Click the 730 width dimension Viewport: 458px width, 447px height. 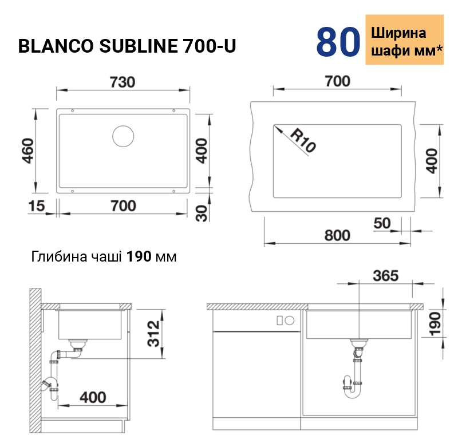pos(123,82)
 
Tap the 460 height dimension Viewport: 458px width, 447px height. pos(28,151)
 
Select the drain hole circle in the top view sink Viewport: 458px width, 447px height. pos(123,136)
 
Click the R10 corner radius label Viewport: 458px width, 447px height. pos(303,140)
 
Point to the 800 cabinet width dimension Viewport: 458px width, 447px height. pos(337,235)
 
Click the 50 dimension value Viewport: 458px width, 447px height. pos(382,223)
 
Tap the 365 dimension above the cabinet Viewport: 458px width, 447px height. pos(385,276)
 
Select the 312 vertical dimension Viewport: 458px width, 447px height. pos(153,334)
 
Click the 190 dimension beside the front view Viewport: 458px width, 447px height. pos(435,324)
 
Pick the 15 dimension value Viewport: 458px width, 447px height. pos(37,206)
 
